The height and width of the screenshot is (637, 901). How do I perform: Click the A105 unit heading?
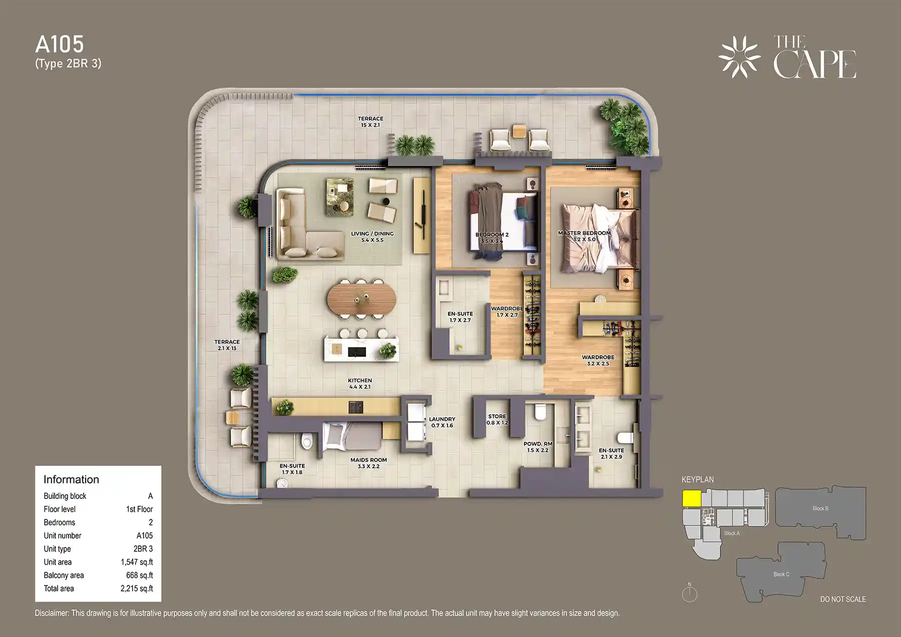pyautogui.click(x=60, y=45)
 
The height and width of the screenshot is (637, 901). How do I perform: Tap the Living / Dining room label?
pyautogui.click(x=372, y=237)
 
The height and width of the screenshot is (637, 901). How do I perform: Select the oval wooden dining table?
pyautogui.click(x=361, y=299)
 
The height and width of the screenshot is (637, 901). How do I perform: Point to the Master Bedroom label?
pyautogui.click(x=584, y=236)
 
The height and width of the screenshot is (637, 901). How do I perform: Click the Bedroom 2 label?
pyautogui.click(x=492, y=237)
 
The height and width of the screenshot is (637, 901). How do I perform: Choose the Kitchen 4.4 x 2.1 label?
pyautogui.click(x=360, y=383)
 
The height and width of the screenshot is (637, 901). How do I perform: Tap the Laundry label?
pyautogui.click(x=442, y=422)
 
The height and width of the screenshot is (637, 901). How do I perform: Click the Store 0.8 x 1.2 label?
pyautogui.click(x=497, y=419)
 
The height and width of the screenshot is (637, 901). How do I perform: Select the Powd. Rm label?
pyautogui.click(x=538, y=447)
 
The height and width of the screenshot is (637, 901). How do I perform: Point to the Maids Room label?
pyautogui.click(x=368, y=463)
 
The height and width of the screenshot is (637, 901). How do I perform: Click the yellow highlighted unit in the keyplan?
pyautogui.click(x=691, y=498)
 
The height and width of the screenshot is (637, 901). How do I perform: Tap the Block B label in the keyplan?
pyautogui.click(x=820, y=508)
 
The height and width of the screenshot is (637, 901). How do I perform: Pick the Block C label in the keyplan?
pyautogui.click(x=781, y=574)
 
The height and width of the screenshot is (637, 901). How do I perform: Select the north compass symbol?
pyautogui.click(x=689, y=593)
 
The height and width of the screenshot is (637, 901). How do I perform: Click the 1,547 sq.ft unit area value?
pyautogui.click(x=137, y=562)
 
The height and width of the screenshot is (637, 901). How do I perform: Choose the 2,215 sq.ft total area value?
pyautogui.click(x=137, y=588)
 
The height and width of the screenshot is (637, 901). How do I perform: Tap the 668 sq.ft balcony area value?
pyautogui.click(x=139, y=575)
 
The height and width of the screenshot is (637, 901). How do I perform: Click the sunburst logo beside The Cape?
pyautogui.click(x=739, y=57)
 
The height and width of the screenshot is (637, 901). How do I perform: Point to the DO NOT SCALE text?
pyautogui.click(x=843, y=599)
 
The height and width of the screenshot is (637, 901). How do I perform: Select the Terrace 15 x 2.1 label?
pyautogui.click(x=370, y=122)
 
